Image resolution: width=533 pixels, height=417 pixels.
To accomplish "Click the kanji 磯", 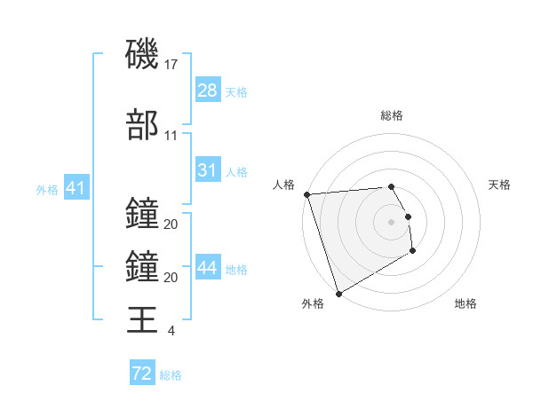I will coord(142,55).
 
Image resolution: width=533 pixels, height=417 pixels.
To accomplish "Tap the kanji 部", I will coord(142,125).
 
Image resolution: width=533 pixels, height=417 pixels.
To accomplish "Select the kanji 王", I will coord(142,319).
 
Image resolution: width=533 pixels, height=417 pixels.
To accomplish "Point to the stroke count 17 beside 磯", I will coord(172,65).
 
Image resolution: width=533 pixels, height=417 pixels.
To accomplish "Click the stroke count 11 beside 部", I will coord(171,136).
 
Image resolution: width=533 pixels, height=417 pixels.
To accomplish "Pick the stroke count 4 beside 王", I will coord(171,331).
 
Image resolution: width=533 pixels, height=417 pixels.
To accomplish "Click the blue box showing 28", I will coord(207,90).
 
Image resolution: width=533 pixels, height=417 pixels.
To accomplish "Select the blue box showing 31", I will coord(207,170).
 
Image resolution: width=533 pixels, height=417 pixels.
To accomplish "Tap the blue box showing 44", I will coord(208,268).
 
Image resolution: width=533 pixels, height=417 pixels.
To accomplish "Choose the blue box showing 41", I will coord(76,188).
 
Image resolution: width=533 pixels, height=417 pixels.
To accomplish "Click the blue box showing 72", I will coord(141,374).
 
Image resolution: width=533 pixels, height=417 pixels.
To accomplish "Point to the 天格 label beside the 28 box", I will coord(236,91).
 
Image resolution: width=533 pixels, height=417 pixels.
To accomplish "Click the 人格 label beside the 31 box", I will coord(236,171).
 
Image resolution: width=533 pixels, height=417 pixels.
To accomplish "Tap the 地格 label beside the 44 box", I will coord(236,269).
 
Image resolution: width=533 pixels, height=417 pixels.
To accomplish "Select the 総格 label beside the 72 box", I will coord(171,374).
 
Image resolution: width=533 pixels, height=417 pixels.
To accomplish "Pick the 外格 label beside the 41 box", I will coord(47,189).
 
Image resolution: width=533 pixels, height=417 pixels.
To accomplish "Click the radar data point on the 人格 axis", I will coord(306,194).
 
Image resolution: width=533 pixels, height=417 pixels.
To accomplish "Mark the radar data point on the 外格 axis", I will coord(338,293).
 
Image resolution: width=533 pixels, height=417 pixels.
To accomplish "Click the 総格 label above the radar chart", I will coord(392,115).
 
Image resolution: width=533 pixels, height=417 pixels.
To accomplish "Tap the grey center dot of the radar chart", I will coord(391,221).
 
